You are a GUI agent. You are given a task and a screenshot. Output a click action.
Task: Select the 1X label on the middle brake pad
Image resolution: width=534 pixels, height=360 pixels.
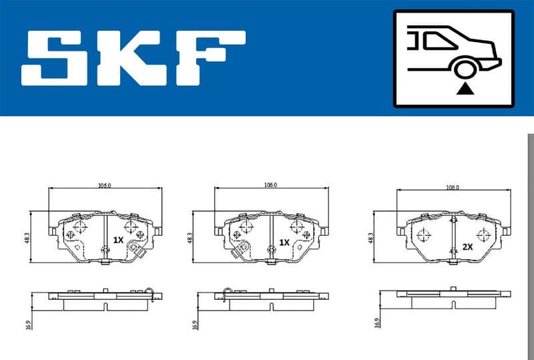click(x=284, y=242)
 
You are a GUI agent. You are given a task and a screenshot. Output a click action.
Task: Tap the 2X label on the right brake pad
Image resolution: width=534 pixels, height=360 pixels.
click(x=467, y=246)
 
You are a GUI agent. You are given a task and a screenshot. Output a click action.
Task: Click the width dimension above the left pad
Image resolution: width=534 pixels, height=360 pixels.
click(x=105, y=185)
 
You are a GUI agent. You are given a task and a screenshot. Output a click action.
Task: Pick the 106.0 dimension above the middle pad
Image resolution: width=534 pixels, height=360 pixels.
click(x=270, y=185)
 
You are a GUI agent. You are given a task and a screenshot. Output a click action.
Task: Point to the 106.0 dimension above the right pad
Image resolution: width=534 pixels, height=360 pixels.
click(x=453, y=188)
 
